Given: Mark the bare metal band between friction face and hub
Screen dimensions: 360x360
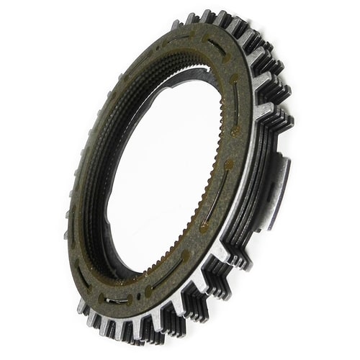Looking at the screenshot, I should pyautogui.click(x=259, y=180).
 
